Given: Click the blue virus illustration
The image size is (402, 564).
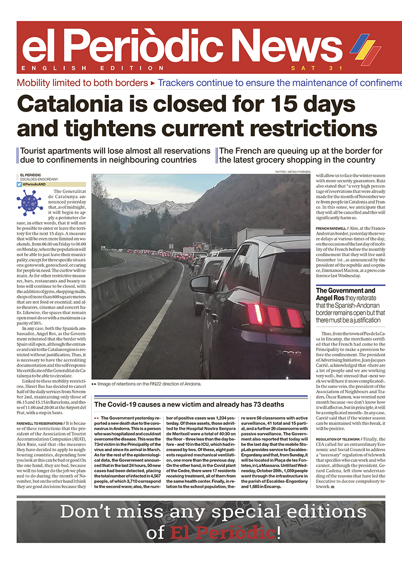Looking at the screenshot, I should tap(29, 203).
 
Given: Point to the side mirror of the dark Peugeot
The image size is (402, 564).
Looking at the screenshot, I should tap(200, 284).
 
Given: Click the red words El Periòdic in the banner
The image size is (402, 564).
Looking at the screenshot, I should tap(223, 532).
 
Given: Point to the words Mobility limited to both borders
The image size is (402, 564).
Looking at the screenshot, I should tap(82, 83).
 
